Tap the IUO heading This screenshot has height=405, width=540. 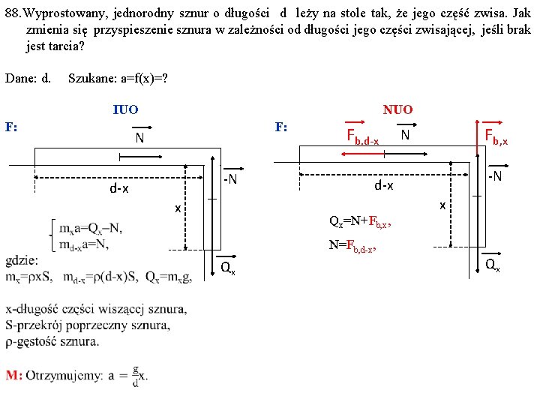(125, 109)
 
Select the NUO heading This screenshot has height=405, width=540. (397, 109)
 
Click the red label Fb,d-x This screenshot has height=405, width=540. (362, 136)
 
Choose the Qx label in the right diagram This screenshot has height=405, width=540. (492, 264)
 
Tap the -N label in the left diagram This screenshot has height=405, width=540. (229, 178)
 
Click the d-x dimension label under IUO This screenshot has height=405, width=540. (119, 188)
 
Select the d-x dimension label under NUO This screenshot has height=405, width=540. (384, 184)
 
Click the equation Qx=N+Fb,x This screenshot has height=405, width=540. (360, 221)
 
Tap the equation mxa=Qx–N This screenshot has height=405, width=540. (91, 228)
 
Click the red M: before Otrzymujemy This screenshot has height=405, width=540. (13, 376)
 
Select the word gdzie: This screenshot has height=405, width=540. (21, 260)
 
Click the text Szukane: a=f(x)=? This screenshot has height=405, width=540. (117, 76)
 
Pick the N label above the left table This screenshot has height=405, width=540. (139, 139)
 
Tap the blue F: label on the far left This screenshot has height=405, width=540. (11, 127)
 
